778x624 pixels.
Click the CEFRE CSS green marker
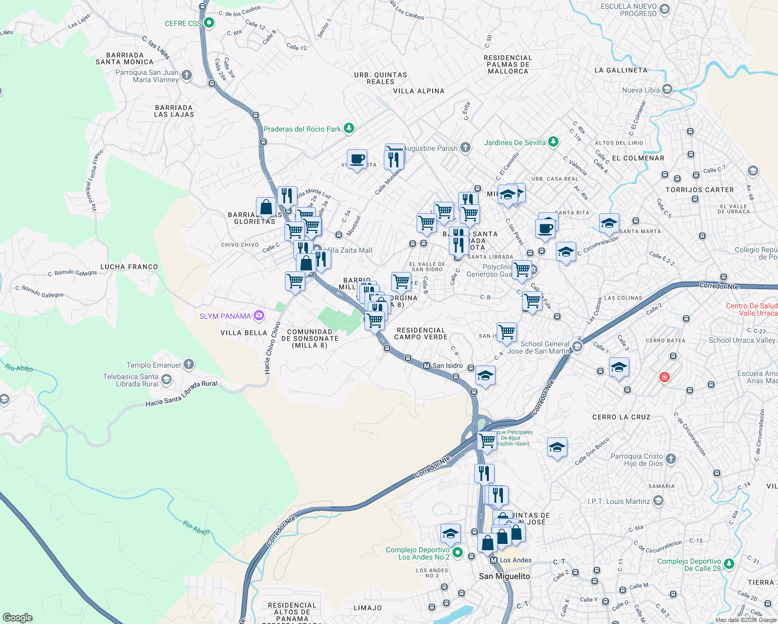(x=209, y=23)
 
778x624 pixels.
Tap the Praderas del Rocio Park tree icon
(x=349, y=128)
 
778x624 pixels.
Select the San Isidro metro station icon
(x=427, y=366)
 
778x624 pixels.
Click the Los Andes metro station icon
(x=494, y=560)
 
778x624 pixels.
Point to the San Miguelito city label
(x=504, y=576)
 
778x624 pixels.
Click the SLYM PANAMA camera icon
(x=258, y=316)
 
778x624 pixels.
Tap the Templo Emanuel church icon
(x=189, y=365)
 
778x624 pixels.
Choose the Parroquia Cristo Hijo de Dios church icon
(x=671, y=459)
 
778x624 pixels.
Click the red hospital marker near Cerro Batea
(x=664, y=377)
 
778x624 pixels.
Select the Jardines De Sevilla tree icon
(x=553, y=141)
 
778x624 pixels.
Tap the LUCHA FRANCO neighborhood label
(x=129, y=267)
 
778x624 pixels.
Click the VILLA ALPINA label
(x=419, y=91)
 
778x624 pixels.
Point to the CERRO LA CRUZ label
(x=621, y=417)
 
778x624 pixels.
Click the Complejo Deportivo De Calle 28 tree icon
(x=729, y=563)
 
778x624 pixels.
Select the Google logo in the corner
(x=18, y=617)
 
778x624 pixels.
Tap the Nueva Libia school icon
(x=667, y=89)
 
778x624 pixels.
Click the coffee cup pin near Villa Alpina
(x=357, y=159)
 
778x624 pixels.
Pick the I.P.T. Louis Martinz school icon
(x=658, y=501)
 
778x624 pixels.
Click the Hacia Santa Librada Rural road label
(x=181, y=394)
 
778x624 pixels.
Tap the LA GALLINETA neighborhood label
(x=621, y=70)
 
